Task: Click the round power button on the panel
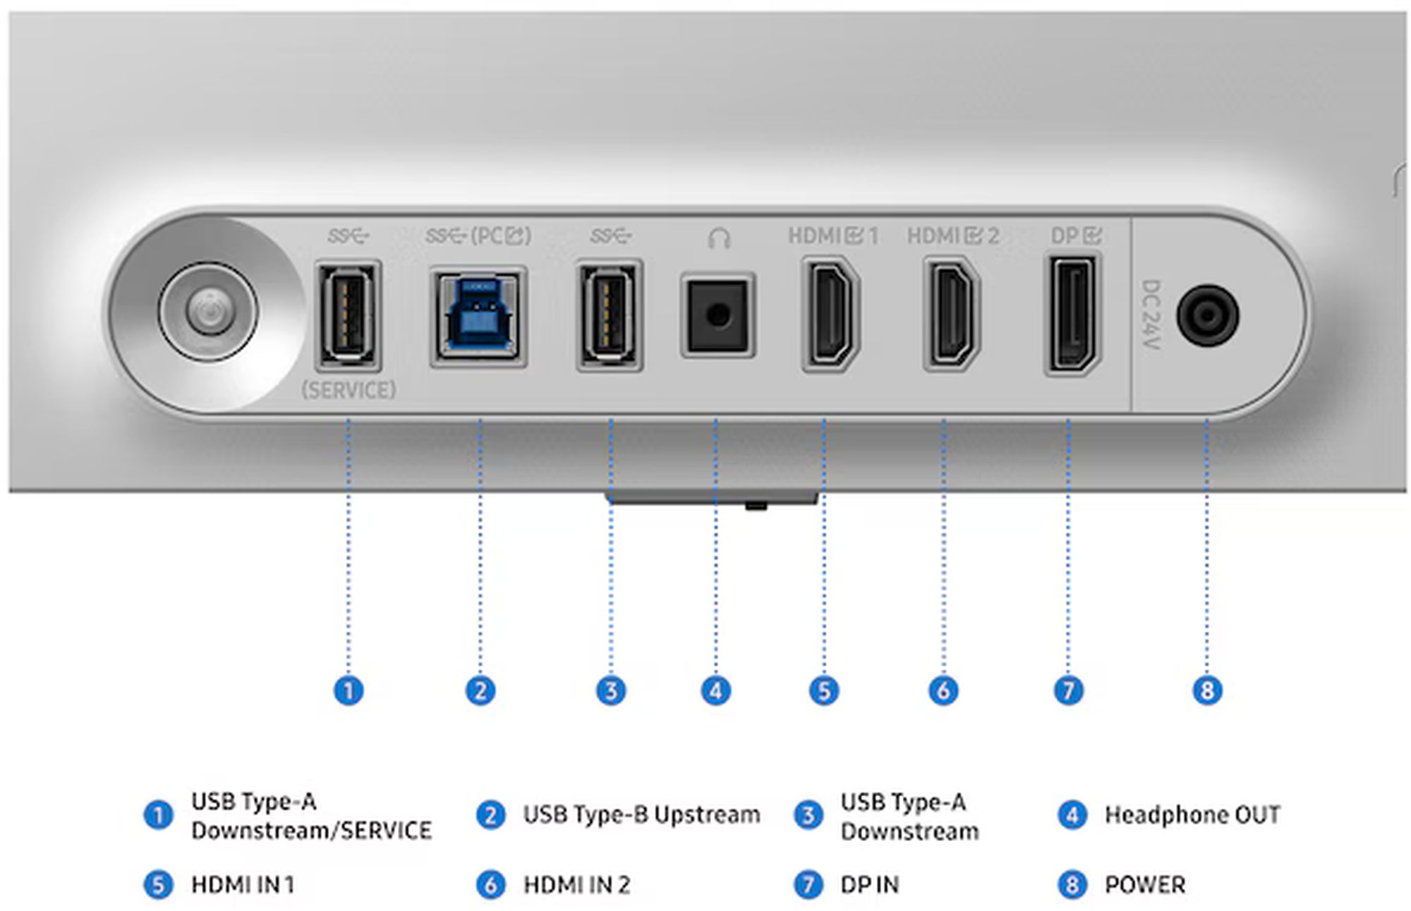[x=208, y=311]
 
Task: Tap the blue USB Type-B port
[x=478, y=316]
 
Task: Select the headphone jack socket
[x=717, y=315]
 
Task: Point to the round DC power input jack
[x=1207, y=315]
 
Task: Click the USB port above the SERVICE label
[x=348, y=315]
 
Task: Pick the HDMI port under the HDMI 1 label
[x=830, y=315]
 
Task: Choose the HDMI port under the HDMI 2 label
[x=951, y=315]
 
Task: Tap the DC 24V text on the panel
[x=1151, y=315]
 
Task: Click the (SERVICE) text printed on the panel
[x=349, y=390]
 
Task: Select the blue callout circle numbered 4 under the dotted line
[x=716, y=690]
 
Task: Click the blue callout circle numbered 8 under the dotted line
[x=1207, y=690]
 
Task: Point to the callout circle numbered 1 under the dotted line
[x=349, y=690]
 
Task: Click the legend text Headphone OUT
[x=1192, y=815]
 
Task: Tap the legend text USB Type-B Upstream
[x=641, y=815]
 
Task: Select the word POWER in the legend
[x=1144, y=884]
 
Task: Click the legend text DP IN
[x=869, y=884]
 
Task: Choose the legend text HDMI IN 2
[x=576, y=884]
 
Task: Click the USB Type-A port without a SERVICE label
[x=609, y=315]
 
